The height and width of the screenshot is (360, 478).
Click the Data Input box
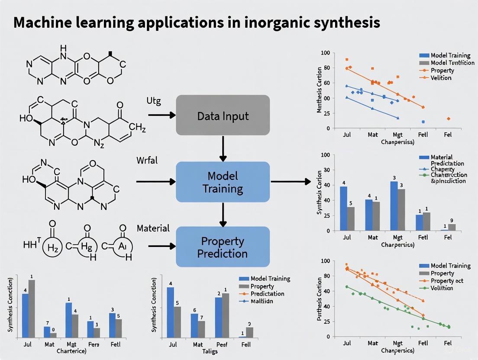tap(223, 115)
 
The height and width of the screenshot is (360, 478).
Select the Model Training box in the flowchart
tap(223, 182)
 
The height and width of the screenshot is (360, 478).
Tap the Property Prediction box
tap(223, 247)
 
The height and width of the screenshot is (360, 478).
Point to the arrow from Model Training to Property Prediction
tap(223, 214)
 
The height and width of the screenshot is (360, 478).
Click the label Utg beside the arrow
tap(153, 101)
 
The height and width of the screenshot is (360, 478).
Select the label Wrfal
tap(147, 161)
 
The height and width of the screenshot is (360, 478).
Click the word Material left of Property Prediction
tap(153, 228)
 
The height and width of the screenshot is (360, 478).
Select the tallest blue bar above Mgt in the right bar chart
tap(394, 206)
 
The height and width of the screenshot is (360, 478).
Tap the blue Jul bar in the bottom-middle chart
tap(170, 312)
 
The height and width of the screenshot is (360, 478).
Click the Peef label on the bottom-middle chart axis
tap(222, 345)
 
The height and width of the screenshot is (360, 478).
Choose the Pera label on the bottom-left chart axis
tap(94, 345)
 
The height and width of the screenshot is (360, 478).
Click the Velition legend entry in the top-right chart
tap(441, 78)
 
